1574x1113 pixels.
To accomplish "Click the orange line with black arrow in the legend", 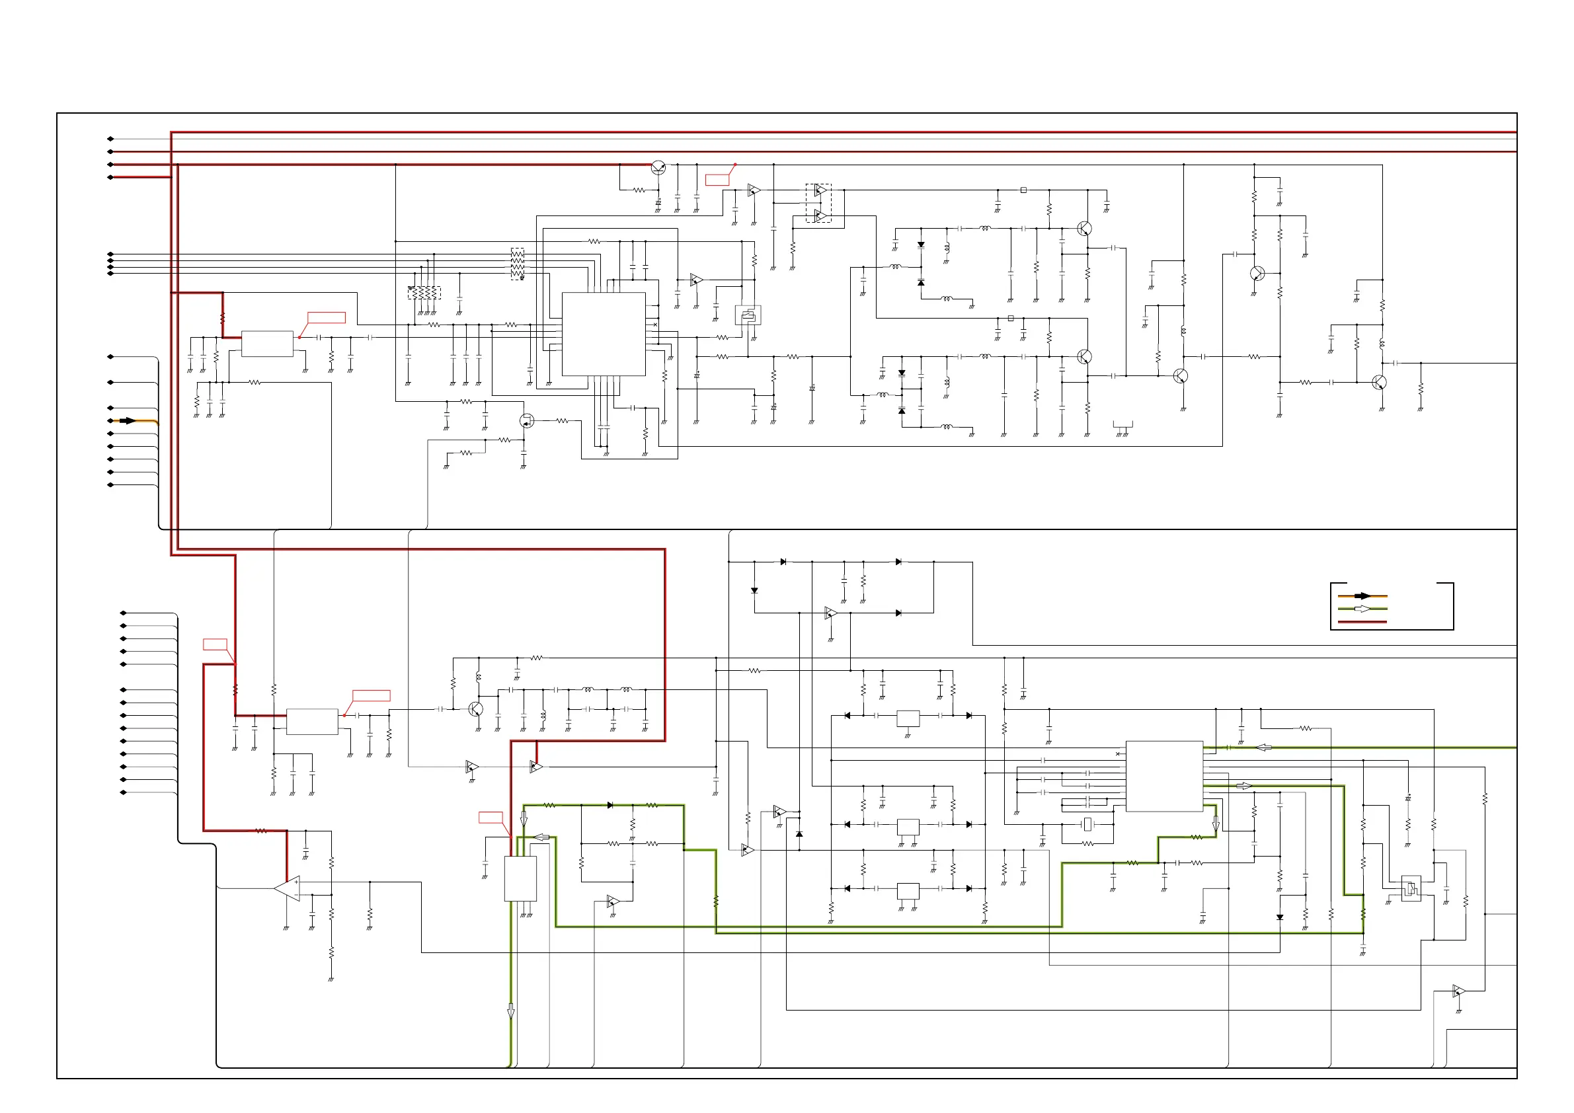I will point(1362,595).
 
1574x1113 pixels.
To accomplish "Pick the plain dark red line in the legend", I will point(1362,622).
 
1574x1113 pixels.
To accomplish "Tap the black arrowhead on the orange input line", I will point(128,421).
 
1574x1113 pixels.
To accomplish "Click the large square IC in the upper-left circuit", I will point(604,334).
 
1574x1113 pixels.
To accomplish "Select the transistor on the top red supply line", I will point(658,167).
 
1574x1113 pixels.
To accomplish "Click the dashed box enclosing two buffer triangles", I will point(818,203).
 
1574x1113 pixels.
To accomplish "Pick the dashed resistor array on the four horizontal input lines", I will point(518,264).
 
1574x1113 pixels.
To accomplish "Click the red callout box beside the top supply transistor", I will point(717,180).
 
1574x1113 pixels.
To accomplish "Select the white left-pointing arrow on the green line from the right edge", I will point(1263,748).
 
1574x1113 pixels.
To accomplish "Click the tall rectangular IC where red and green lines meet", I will point(520,878).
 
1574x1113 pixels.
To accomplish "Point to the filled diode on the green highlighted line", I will point(610,805).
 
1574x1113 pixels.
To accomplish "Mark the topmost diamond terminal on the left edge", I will point(110,139).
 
